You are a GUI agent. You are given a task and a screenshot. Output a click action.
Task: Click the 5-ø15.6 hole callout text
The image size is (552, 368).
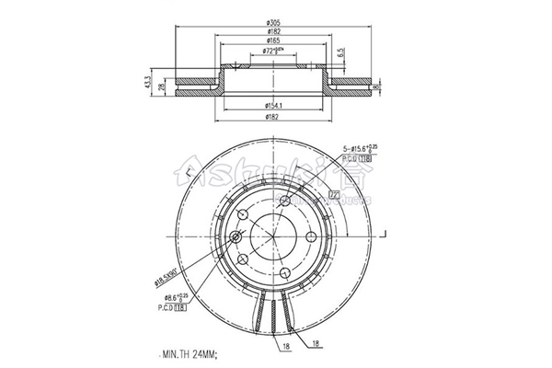click(x=361, y=149)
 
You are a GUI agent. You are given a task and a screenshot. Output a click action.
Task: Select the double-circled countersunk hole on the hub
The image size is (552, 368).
click(x=236, y=236)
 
